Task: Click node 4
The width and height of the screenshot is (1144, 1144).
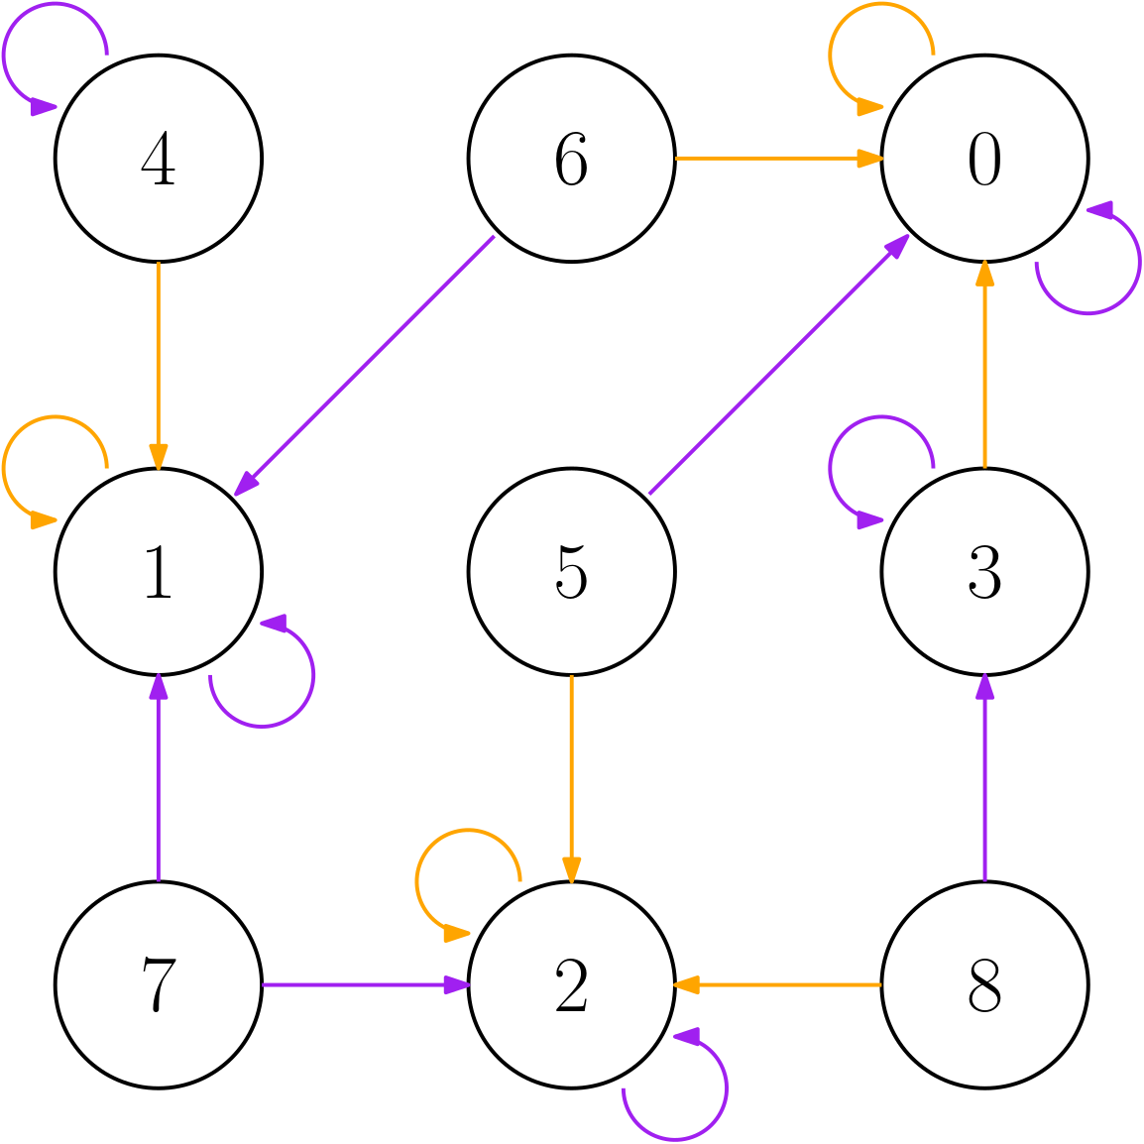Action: coord(159,159)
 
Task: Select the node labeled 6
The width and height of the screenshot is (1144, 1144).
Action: coord(572,159)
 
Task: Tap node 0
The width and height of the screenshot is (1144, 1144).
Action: coord(984,159)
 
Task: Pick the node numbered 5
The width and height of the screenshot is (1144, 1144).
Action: coord(572,572)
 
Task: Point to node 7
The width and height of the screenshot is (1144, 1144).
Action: coord(159,984)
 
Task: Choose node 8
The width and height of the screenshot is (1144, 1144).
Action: coord(984,984)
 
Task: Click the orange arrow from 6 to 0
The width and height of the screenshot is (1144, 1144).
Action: coord(778,159)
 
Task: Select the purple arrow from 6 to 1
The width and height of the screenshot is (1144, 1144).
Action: coord(365,365)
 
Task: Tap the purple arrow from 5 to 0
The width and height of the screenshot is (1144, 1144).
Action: coord(778,365)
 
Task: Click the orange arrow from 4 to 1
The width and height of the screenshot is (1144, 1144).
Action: coord(159,365)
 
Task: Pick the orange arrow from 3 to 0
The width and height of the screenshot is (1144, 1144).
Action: coord(984,365)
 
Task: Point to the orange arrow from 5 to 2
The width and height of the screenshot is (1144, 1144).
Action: coord(572,778)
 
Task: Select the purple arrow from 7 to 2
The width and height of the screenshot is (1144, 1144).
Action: coord(365,984)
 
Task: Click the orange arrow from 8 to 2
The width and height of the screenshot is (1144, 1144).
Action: coord(778,984)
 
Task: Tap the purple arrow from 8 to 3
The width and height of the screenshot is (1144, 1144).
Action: coord(984,778)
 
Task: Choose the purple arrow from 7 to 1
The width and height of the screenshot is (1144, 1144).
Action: coord(159,778)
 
